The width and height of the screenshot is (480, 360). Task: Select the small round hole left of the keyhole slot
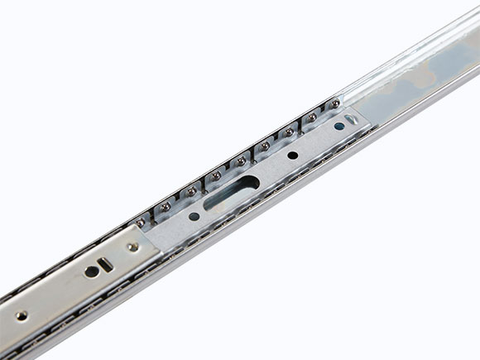[x=194, y=217]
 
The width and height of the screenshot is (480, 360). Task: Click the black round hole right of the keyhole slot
[x=292, y=155]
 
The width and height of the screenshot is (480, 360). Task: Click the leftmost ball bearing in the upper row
[x=141, y=221]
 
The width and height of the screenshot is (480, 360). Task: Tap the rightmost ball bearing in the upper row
[x=336, y=103]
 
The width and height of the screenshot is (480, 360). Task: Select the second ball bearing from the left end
[x=165, y=206]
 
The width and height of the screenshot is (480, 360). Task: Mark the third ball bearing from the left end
[x=191, y=191]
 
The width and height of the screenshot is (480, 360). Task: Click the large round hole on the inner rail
[x=90, y=271]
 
